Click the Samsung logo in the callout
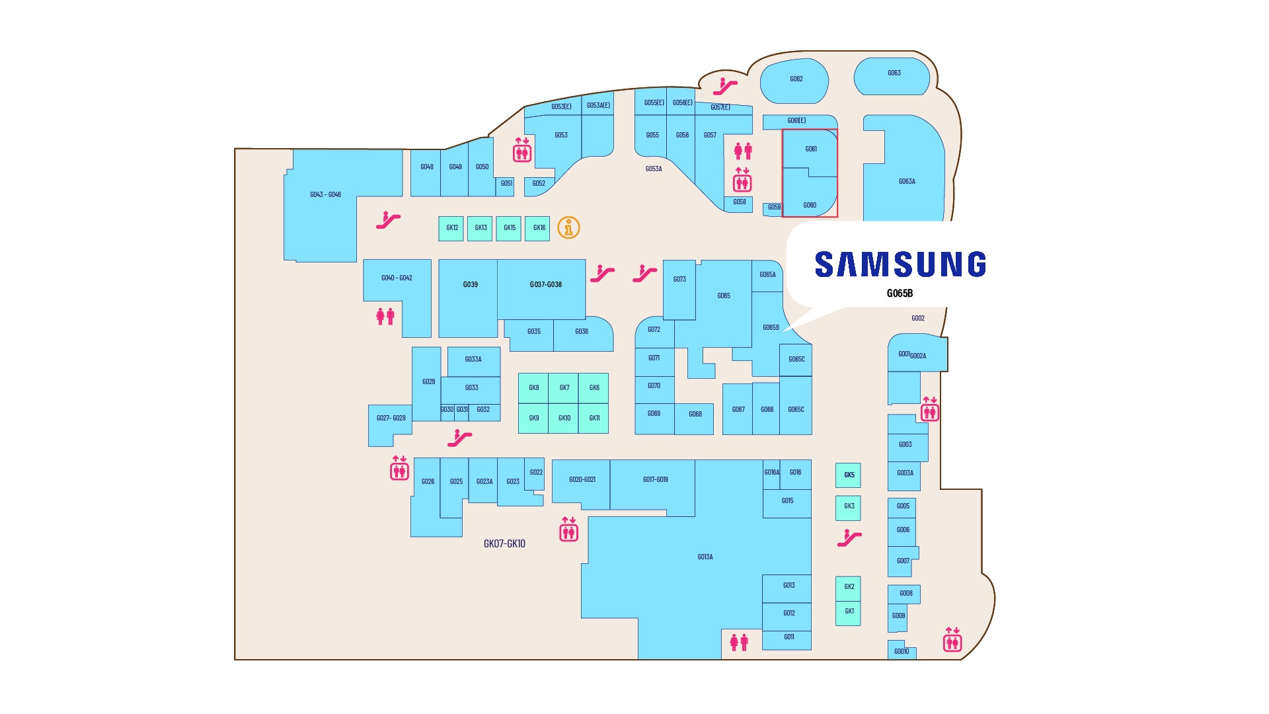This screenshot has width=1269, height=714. (x=900, y=264)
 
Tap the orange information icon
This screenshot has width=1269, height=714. (x=568, y=227)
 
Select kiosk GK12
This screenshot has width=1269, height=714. (x=451, y=228)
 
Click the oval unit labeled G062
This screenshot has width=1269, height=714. (x=794, y=80)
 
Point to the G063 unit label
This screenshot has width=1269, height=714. (x=894, y=73)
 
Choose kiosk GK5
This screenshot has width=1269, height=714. (x=849, y=475)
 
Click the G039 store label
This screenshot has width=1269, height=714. (x=470, y=285)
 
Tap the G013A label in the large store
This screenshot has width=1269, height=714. (x=705, y=557)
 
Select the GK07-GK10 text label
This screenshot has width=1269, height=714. (x=504, y=544)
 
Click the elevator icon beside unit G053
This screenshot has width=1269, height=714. (x=522, y=150)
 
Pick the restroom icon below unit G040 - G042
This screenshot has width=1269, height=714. (x=385, y=317)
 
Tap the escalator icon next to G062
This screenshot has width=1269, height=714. (x=725, y=87)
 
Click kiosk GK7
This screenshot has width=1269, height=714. (x=564, y=388)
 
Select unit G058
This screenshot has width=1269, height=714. (x=739, y=202)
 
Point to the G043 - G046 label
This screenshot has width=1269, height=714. (x=325, y=195)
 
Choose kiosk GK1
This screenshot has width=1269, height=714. (x=849, y=612)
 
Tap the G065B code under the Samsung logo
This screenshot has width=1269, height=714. (x=900, y=294)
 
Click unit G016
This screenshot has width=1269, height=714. (x=796, y=473)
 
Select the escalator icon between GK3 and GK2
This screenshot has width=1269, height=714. (x=849, y=538)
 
